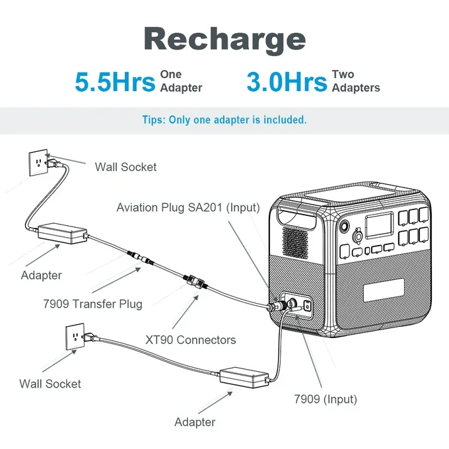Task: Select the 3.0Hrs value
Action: tap(287, 83)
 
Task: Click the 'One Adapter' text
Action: tap(180, 81)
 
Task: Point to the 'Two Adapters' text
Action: tap(355, 81)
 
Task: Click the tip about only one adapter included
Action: tap(224, 120)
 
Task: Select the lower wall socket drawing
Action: tap(76, 337)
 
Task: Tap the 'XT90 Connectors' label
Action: tap(190, 340)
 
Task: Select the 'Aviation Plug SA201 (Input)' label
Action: tap(188, 207)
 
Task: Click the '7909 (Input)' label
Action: tap(325, 399)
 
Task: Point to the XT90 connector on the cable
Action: tap(196, 282)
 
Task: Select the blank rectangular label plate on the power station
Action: tap(383, 290)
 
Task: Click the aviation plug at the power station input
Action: tap(277, 307)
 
